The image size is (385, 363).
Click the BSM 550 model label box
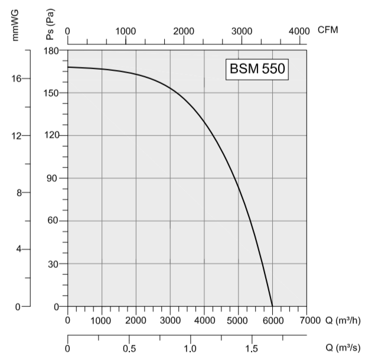pyautogui.click(x=257, y=69)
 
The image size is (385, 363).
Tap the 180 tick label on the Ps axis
pyautogui.click(x=51, y=51)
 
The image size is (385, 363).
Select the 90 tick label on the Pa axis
pyautogui.click(x=53, y=179)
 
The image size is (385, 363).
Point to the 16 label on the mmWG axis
pyautogui.click(x=17, y=79)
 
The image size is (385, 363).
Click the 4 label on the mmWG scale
pyautogui.click(x=18, y=249)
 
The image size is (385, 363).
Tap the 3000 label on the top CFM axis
pyautogui.click(x=241, y=31)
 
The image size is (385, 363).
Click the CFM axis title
pyautogui.click(x=328, y=30)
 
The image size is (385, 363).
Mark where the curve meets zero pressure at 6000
pyautogui.click(x=272, y=306)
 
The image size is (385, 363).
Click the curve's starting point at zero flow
pyautogui.click(x=68, y=67)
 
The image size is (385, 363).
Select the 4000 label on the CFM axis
pyautogui.click(x=299, y=31)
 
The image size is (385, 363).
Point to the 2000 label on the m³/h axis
pyautogui.click(x=136, y=320)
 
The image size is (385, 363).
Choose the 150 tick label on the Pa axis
pyautogui.click(x=51, y=93)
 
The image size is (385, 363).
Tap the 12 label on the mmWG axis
pyautogui.click(x=17, y=136)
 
